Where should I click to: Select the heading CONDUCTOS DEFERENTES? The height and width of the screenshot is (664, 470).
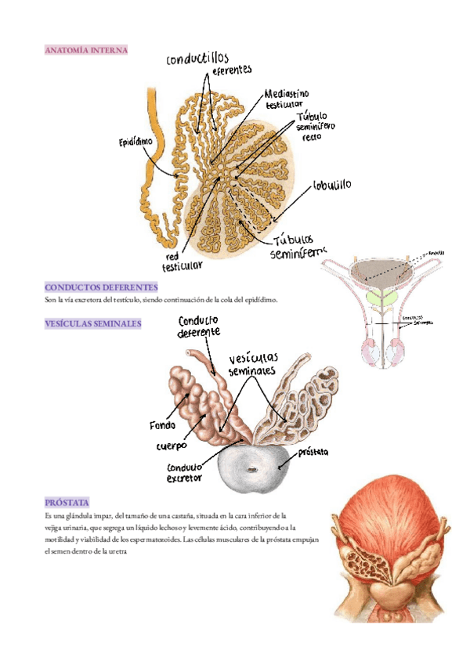(101, 287)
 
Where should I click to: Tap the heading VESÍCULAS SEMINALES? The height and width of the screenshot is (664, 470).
(92, 323)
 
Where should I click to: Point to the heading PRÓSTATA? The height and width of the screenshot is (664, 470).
(67, 501)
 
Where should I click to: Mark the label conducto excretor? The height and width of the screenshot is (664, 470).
(185, 472)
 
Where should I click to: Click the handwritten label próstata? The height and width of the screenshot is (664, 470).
(311, 453)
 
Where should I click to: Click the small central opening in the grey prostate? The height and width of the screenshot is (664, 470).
(251, 470)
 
